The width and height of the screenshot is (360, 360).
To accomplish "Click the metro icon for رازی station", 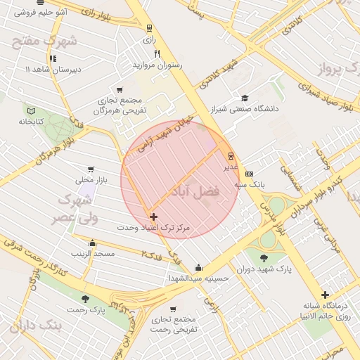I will (x=148, y=28).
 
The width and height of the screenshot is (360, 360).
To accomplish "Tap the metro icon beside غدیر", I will (x=231, y=156).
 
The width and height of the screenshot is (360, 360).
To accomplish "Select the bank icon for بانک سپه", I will (x=248, y=174).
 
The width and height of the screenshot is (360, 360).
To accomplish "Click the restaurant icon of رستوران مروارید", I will (x=157, y=53).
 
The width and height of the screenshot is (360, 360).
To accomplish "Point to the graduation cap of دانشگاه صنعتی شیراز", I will (x=245, y=98).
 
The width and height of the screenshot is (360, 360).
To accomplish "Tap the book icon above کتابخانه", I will (x=30, y=110).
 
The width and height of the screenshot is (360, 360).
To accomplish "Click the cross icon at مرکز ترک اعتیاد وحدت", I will (x=153, y=217).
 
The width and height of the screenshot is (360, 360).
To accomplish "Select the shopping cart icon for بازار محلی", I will (x=90, y=169).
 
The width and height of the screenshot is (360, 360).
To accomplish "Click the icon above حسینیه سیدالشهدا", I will (x=199, y=267).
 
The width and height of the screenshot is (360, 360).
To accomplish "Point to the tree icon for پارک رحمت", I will (x=85, y=299).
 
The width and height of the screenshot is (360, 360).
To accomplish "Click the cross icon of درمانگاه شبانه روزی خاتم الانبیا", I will (x=324, y=295).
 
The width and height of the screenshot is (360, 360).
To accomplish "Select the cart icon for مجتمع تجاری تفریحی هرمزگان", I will (x=119, y=89).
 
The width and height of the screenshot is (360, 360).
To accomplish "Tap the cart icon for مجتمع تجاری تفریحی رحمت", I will (x=173, y=309).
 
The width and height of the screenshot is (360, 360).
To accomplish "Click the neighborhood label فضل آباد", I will (x=195, y=191).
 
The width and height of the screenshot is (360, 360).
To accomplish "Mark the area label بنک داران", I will (x=36, y=327).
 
